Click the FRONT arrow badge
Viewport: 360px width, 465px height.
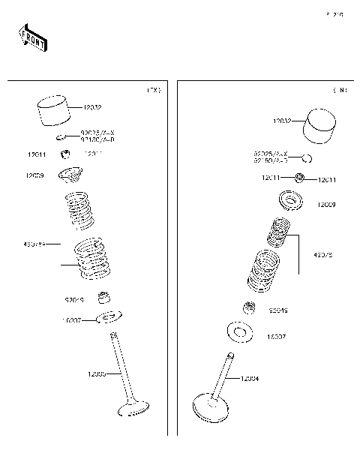click(32, 39)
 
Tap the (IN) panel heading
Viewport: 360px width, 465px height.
click(340, 91)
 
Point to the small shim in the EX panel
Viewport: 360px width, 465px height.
click(61, 137)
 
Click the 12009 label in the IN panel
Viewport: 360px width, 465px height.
click(325, 204)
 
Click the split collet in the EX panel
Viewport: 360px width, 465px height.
click(66, 155)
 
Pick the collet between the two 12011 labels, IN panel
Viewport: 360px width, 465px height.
click(298, 178)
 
